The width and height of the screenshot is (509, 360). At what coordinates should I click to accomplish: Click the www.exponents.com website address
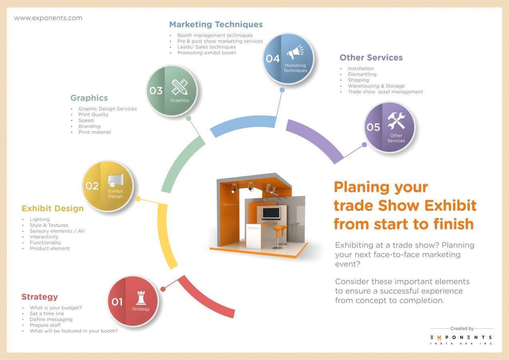tap(48, 18)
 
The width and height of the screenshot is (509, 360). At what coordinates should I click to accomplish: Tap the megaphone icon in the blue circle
tap(295, 53)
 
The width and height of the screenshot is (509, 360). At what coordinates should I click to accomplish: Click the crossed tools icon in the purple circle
tap(396, 121)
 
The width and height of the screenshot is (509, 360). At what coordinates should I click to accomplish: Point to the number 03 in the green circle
tap(156, 91)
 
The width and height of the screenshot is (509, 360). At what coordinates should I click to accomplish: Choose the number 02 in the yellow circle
tap(92, 186)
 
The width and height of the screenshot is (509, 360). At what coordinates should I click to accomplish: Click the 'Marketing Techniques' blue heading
tap(216, 24)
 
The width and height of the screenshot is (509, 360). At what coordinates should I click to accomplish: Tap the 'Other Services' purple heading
tap(371, 58)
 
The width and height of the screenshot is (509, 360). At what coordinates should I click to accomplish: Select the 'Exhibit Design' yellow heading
tap(52, 208)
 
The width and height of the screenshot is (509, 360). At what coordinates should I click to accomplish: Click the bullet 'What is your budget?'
tap(56, 308)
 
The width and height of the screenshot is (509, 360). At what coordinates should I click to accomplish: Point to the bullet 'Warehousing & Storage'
tap(376, 86)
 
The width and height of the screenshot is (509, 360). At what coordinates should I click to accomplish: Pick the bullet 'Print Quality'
tap(94, 115)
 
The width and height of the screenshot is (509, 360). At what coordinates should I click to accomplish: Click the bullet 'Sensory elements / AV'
tap(57, 231)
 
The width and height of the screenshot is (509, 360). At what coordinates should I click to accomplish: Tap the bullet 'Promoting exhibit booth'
tap(207, 53)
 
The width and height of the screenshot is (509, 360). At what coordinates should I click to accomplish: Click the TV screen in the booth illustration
tap(271, 213)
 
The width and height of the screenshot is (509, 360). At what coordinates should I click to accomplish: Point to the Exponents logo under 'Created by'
tap(461, 338)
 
